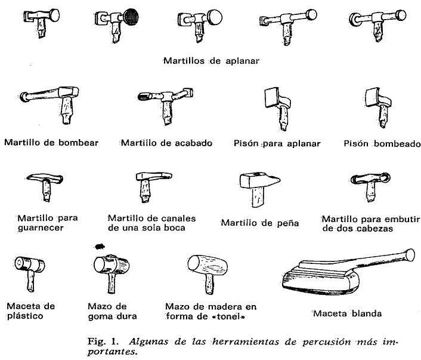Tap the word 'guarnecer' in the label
tap(41, 227)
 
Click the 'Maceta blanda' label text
tap(347, 313)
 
